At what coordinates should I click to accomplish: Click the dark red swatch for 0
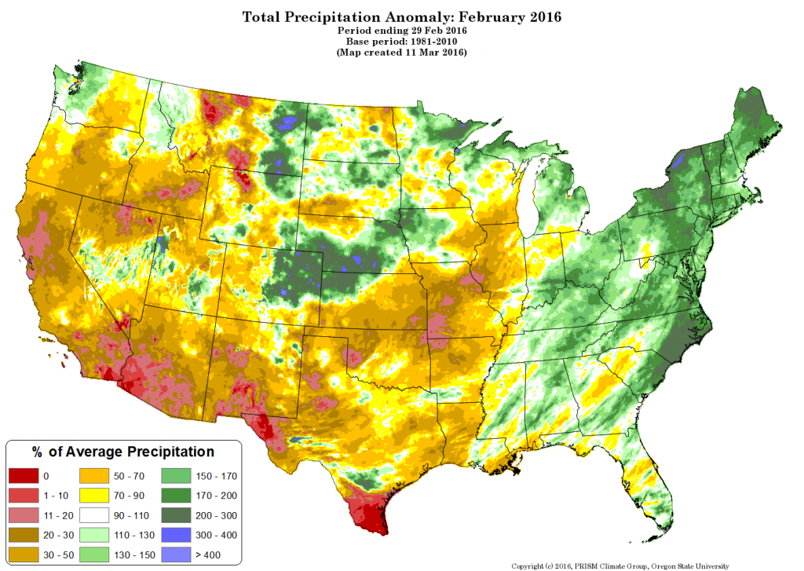tap(23, 476)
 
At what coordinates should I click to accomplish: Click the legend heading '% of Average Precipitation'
tap(122, 452)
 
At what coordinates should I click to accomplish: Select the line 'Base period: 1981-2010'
tap(401, 41)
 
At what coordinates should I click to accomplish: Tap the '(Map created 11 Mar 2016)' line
tap(401, 53)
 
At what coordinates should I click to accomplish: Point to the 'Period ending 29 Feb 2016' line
tap(401, 30)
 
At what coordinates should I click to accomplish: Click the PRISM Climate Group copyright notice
tap(620, 566)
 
